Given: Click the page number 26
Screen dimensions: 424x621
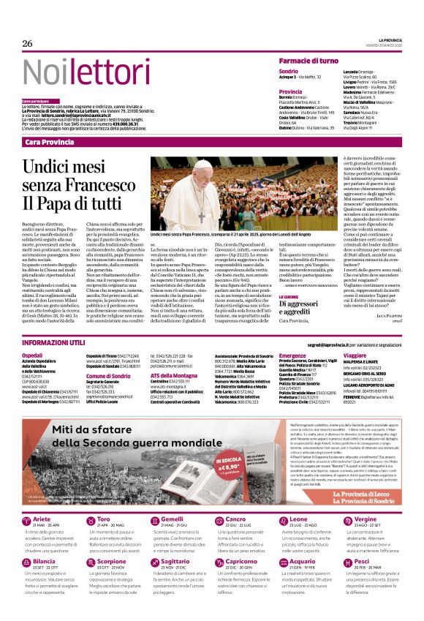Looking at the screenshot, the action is coord(28,44).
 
